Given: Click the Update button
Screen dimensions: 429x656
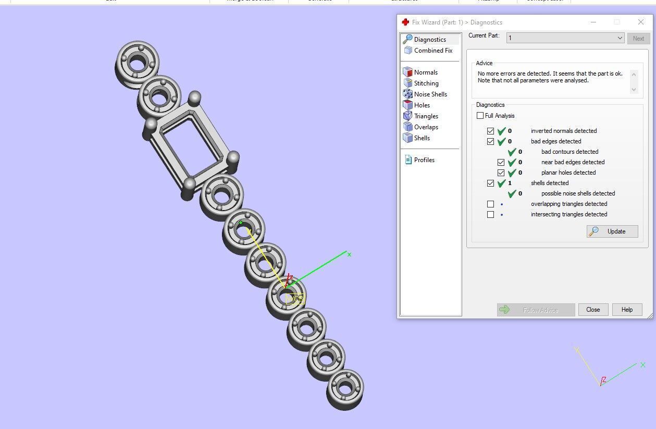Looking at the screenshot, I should tap(612, 231).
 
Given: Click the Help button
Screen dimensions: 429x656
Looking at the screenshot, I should tap(627, 310).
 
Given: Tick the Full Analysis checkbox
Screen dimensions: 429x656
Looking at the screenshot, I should tap(480, 116).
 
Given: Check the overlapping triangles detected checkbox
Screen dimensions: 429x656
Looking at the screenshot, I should tap(490, 204).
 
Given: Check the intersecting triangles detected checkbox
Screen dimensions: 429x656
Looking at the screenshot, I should tap(490, 214).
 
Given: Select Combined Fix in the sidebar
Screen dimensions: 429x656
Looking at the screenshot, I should tap(432, 51).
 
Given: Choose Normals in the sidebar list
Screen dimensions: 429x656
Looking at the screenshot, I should tap(425, 72).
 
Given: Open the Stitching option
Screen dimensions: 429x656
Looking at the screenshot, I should tap(426, 83).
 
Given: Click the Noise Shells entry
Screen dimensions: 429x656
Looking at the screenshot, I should tap(430, 94).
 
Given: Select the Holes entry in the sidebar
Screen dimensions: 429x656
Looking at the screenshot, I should tap(422, 105).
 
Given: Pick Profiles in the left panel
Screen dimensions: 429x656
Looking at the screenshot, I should tap(424, 160).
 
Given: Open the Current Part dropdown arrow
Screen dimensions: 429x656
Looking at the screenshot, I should tap(620, 38).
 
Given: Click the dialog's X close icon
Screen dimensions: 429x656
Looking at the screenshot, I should tap(641, 22).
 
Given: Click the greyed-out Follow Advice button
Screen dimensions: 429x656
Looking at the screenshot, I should tap(536, 310).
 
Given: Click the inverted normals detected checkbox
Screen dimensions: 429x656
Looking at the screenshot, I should tap(490, 131).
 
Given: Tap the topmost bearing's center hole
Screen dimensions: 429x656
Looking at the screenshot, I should tap(137, 63).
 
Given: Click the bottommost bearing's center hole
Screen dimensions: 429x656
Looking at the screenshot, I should tap(345, 387).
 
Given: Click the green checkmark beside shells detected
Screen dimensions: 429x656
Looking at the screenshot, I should tap(502, 183).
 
